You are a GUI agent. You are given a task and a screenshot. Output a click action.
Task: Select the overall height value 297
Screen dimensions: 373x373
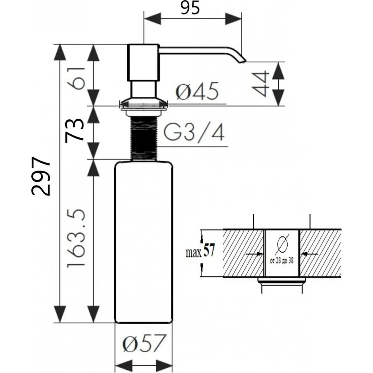click(41, 176)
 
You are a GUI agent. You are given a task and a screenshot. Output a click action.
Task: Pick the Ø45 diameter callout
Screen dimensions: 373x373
click(197, 91)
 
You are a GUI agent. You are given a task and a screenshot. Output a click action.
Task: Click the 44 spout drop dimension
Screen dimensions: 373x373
click(260, 84)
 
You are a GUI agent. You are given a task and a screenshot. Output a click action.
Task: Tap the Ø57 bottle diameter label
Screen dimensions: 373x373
click(144, 343)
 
